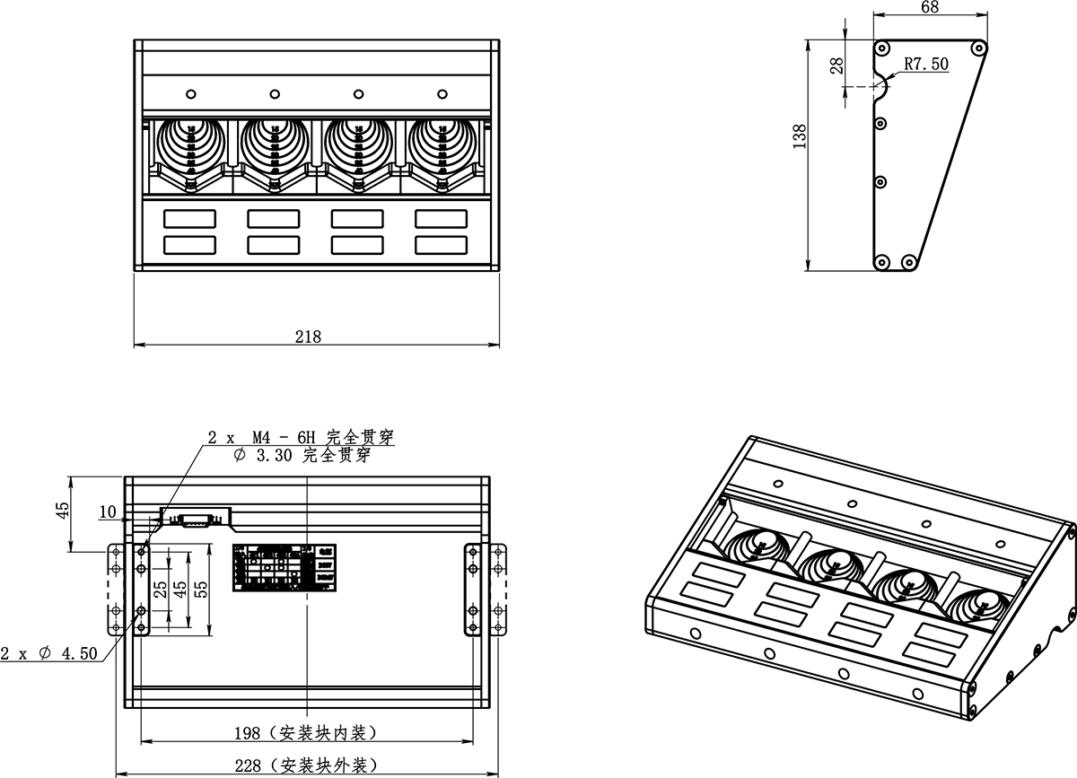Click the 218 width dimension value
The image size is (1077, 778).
[x=308, y=337]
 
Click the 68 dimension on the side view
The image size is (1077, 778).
[x=930, y=8]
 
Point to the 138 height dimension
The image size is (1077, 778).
[x=801, y=136]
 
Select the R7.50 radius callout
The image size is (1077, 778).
[x=926, y=65]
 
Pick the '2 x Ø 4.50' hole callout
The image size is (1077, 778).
[x=48, y=653]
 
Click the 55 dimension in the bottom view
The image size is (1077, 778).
[x=202, y=590]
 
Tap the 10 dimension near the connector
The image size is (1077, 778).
[x=109, y=513]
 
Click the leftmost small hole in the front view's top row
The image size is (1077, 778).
[x=190, y=94]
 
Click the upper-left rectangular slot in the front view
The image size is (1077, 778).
[x=189, y=217]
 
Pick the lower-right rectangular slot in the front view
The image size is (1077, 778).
[x=441, y=244]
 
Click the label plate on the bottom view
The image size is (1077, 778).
[x=285, y=567]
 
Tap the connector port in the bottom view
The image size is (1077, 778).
[x=195, y=519]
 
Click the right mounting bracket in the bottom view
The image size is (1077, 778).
[x=472, y=590]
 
